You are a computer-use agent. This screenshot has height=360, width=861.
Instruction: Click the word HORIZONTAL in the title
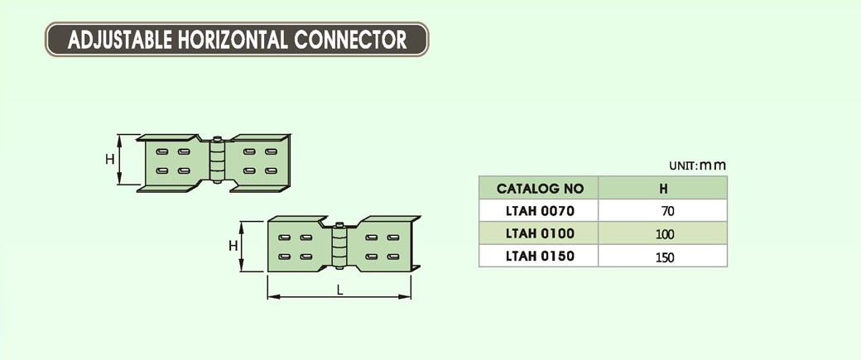[x=233, y=39]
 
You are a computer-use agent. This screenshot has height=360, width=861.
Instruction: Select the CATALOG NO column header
[x=539, y=189]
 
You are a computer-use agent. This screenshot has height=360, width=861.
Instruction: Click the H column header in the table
[x=663, y=189]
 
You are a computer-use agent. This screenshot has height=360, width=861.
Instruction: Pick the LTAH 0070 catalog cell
[x=539, y=211]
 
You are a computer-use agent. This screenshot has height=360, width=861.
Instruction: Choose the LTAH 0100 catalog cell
[x=539, y=233]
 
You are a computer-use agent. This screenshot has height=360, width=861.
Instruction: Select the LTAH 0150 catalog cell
[x=539, y=256]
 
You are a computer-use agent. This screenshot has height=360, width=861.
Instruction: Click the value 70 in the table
[x=663, y=212]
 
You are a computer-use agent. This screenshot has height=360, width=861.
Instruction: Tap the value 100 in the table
[x=664, y=234]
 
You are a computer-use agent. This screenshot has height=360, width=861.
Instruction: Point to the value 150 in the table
[x=664, y=257]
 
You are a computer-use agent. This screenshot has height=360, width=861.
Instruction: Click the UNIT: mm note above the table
[x=697, y=165]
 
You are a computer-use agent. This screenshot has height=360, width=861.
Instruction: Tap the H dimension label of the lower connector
[x=233, y=246]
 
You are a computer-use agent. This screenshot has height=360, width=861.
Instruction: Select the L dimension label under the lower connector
[x=340, y=289]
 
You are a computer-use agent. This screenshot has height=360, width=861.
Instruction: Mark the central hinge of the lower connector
[x=339, y=247]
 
